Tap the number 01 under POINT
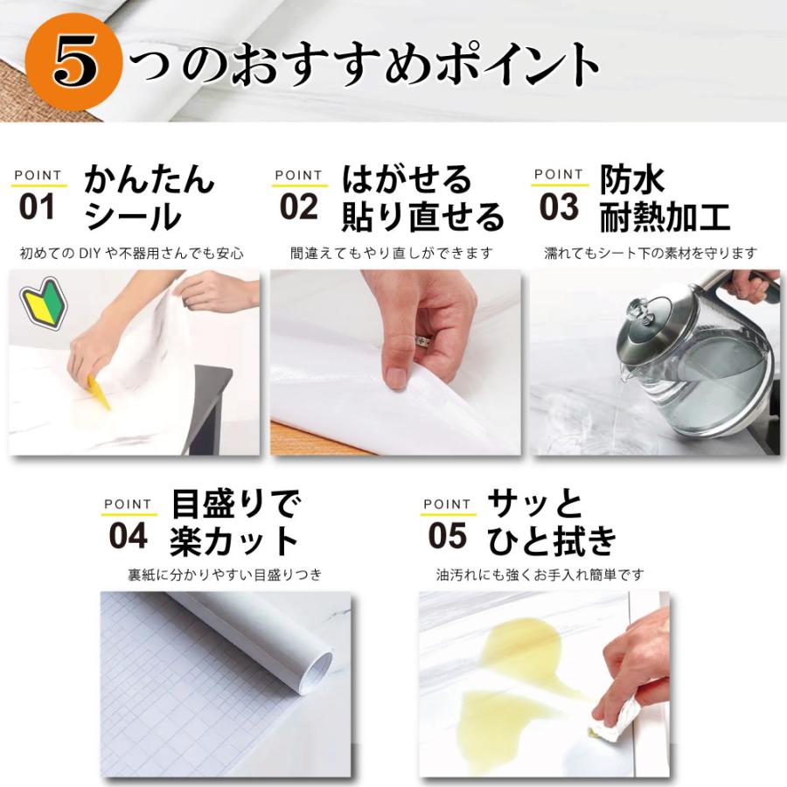click(x=37, y=208)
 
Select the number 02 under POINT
click(x=299, y=208)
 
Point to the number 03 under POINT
click(x=559, y=208)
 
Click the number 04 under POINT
click(x=128, y=537)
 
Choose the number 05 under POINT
click(x=447, y=537)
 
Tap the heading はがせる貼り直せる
click(x=422, y=198)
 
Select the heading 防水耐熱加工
click(x=665, y=198)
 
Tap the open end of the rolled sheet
click(x=317, y=671)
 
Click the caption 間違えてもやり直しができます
click(x=392, y=254)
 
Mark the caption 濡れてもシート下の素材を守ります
click(x=650, y=254)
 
